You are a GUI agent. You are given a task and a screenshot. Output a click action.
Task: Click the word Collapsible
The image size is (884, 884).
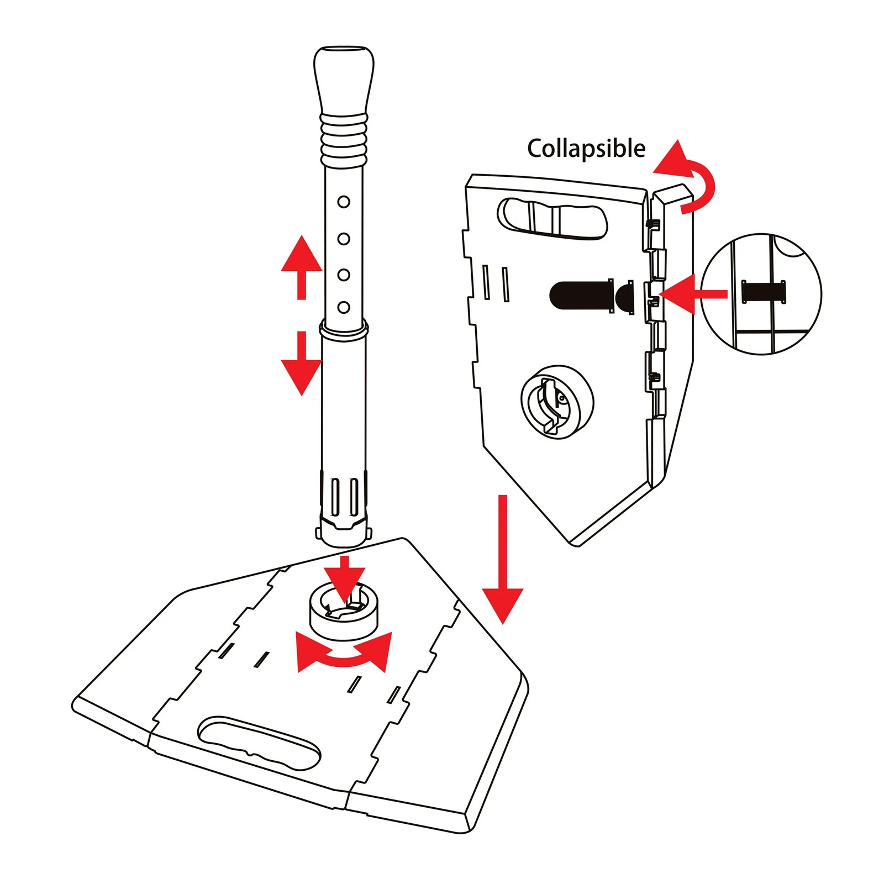[586, 149]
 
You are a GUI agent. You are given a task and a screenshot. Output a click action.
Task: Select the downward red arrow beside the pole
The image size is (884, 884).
[301, 365]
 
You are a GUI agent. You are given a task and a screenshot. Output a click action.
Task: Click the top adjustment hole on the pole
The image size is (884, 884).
[344, 202]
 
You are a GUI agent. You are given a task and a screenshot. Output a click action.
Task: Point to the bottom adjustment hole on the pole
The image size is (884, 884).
[344, 307]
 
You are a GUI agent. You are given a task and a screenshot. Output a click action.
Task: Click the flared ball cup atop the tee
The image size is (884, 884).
[344, 80]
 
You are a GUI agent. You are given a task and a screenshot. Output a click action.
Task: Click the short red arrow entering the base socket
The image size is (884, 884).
[345, 577]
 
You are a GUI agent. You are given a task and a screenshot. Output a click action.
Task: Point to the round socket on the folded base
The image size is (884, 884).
[557, 402]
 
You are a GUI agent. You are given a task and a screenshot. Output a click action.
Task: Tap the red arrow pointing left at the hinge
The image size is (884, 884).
[691, 293]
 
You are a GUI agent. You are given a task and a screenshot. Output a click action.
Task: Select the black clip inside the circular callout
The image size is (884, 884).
[764, 292]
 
